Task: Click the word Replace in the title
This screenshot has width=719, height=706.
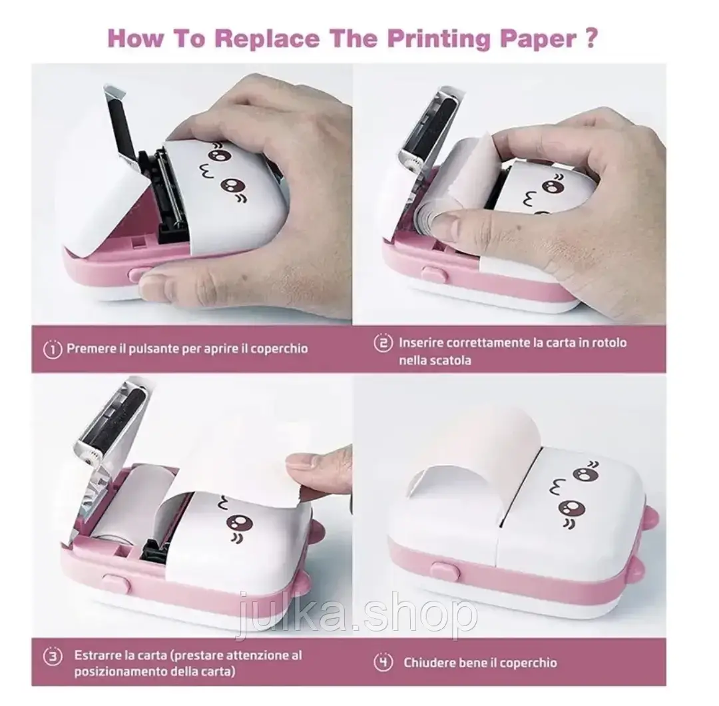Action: point(267,39)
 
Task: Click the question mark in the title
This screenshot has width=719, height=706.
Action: point(592,38)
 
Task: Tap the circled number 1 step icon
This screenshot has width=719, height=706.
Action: point(53,350)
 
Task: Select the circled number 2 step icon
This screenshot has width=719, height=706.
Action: point(383,343)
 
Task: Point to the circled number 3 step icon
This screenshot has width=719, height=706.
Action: point(53,657)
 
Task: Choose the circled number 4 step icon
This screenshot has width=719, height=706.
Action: point(383,663)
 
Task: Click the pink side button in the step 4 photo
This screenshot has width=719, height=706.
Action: point(445,571)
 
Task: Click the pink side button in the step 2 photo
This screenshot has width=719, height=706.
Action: point(435,275)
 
